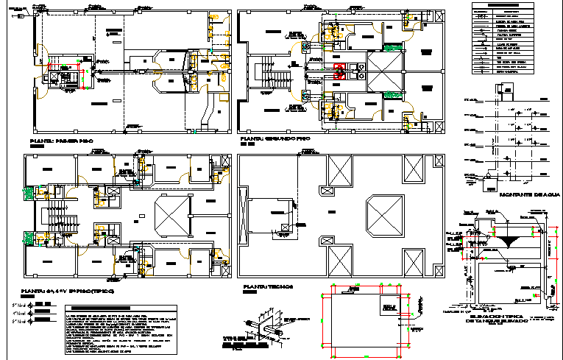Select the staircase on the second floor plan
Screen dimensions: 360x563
(261, 74)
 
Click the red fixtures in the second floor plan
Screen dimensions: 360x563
(340, 71)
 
